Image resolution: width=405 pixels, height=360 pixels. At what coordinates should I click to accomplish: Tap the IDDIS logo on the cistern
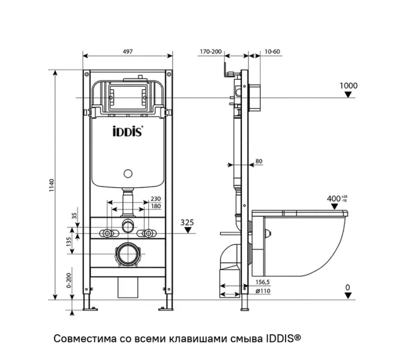click(127, 131)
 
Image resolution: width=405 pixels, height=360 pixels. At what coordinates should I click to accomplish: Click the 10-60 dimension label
click(272, 52)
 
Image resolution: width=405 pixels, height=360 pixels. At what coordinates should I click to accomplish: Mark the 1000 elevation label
click(348, 86)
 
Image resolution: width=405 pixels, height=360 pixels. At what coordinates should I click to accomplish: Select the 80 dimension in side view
click(259, 161)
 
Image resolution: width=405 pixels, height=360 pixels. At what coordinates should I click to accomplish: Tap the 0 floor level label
click(347, 288)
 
